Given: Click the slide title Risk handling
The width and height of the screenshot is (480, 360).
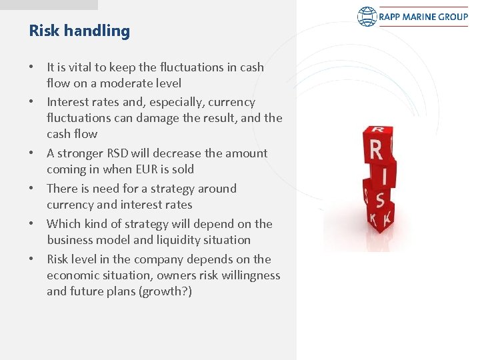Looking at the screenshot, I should pos(79,31).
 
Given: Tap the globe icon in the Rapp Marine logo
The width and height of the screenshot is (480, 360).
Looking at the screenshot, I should pos(367,17).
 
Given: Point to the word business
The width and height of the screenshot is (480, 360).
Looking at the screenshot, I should pos(71,240).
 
